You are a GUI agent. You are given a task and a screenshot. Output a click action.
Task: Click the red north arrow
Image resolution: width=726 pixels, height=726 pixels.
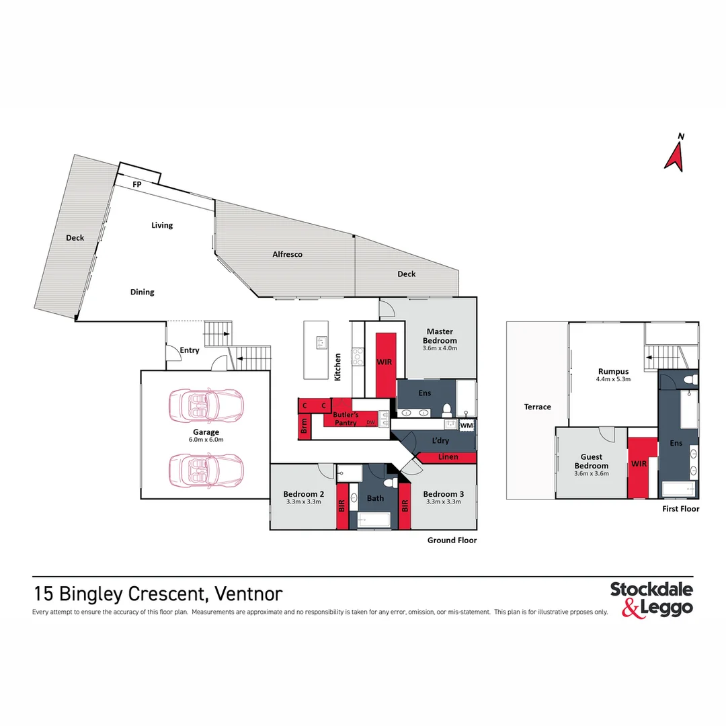click(x=675, y=157)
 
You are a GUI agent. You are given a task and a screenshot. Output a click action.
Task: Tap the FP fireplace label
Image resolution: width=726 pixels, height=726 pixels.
click(x=137, y=184)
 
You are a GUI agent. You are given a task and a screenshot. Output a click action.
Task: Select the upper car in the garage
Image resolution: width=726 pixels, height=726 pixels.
click(x=206, y=405)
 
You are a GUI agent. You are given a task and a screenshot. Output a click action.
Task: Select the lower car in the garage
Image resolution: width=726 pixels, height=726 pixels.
click(x=206, y=470)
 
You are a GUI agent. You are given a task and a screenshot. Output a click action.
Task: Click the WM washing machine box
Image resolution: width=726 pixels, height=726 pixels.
click(x=467, y=426)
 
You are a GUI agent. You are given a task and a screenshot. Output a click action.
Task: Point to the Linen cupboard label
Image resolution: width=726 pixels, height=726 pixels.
click(x=448, y=457)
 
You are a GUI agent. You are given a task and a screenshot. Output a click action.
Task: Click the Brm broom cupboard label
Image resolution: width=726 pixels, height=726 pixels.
click(x=305, y=426)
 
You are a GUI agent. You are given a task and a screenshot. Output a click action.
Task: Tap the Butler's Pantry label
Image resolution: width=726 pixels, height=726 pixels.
click(x=346, y=419)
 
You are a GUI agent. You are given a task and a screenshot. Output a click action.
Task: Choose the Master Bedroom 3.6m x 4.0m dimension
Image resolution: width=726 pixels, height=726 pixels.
click(x=440, y=348)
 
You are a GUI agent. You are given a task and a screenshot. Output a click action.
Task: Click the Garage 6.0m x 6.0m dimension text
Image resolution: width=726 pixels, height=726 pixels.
click(x=206, y=440)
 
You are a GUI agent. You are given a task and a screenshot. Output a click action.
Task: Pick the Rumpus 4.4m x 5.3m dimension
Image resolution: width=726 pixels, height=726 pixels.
click(x=614, y=379)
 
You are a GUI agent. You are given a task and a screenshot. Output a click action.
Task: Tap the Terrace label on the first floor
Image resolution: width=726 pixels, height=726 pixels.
click(x=538, y=407)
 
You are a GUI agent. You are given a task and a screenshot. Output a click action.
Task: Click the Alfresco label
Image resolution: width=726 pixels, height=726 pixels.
click(x=288, y=254)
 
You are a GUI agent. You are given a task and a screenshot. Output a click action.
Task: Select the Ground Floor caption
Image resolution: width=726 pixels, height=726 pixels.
click(x=452, y=540)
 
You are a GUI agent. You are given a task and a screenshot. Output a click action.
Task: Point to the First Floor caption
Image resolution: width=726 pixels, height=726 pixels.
click(x=680, y=509)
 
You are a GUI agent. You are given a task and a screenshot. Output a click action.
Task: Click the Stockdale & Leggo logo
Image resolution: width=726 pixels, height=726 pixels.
click(x=651, y=600)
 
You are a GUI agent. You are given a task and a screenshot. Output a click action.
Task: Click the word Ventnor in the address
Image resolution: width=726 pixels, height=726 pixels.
click(x=249, y=594)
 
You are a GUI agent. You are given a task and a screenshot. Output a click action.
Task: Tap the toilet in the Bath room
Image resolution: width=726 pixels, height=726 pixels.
click(x=390, y=482)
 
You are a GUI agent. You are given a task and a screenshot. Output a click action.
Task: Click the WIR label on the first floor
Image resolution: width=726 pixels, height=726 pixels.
click(x=639, y=463)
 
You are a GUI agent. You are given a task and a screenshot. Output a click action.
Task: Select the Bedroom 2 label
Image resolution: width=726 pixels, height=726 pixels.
click(x=304, y=494)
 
